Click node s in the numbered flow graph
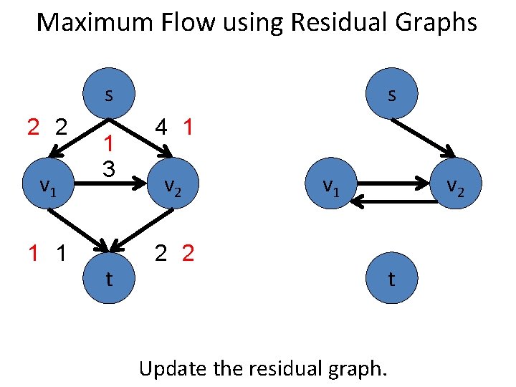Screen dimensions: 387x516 108,94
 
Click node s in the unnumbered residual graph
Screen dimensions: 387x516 391,94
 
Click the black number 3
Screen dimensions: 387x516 108,169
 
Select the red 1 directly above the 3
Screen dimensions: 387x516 108,144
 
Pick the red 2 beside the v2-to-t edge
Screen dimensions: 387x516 188,253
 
